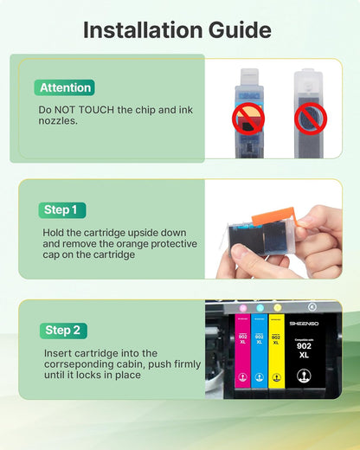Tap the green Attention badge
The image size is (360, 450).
point(66,87)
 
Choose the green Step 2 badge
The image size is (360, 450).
point(63,330)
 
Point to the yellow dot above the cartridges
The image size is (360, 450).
point(277,307)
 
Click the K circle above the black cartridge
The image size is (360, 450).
point(312,306)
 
